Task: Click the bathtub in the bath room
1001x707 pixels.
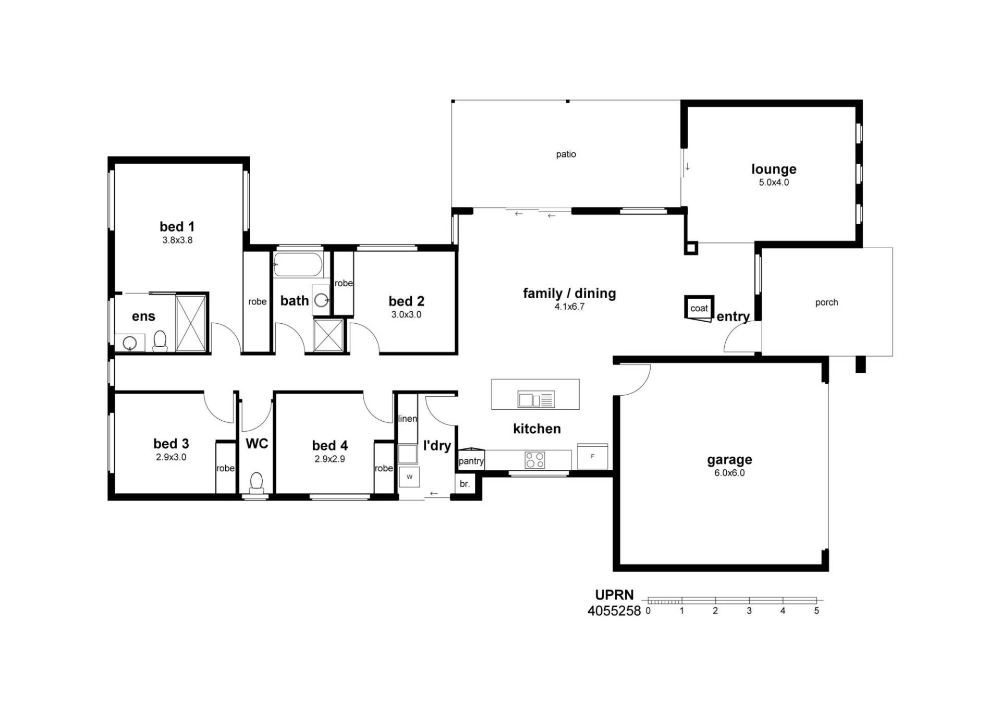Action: pyautogui.click(x=298, y=264)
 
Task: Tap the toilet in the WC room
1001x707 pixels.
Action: pyautogui.click(x=257, y=483)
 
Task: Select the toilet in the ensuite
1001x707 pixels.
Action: pyautogui.click(x=160, y=341)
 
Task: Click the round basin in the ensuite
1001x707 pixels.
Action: pyautogui.click(x=129, y=343)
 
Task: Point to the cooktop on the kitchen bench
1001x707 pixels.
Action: pyautogui.click(x=535, y=460)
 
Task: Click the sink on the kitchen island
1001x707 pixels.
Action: pyautogui.click(x=536, y=399)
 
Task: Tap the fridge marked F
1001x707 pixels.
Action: pyautogui.click(x=593, y=456)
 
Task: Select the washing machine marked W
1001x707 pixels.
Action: pyautogui.click(x=409, y=477)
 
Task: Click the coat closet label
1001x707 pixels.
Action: pyautogui.click(x=699, y=308)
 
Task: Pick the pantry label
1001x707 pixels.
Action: pyautogui.click(x=471, y=461)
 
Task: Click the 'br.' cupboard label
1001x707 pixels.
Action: pyautogui.click(x=465, y=484)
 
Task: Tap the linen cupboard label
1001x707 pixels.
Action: pyautogui.click(x=408, y=419)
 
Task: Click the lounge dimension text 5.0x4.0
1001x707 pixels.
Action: pyautogui.click(x=774, y=182)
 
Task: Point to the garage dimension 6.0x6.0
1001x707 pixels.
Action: pyautogui.click(x=729, y=473)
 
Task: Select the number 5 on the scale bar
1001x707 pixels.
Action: pyautogui.click(x=816, y=611)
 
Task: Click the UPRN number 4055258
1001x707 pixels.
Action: pyautogui.click(x=614, y=611)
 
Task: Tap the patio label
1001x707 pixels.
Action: pyautogui.click(x=566, y=154)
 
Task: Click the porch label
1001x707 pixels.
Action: pyautogui.click(x=827, y=302)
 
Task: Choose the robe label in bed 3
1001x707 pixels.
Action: pyautogui.click(x=225, y=468)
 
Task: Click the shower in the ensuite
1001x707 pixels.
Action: pyautogui.click(x=191, y=323)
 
